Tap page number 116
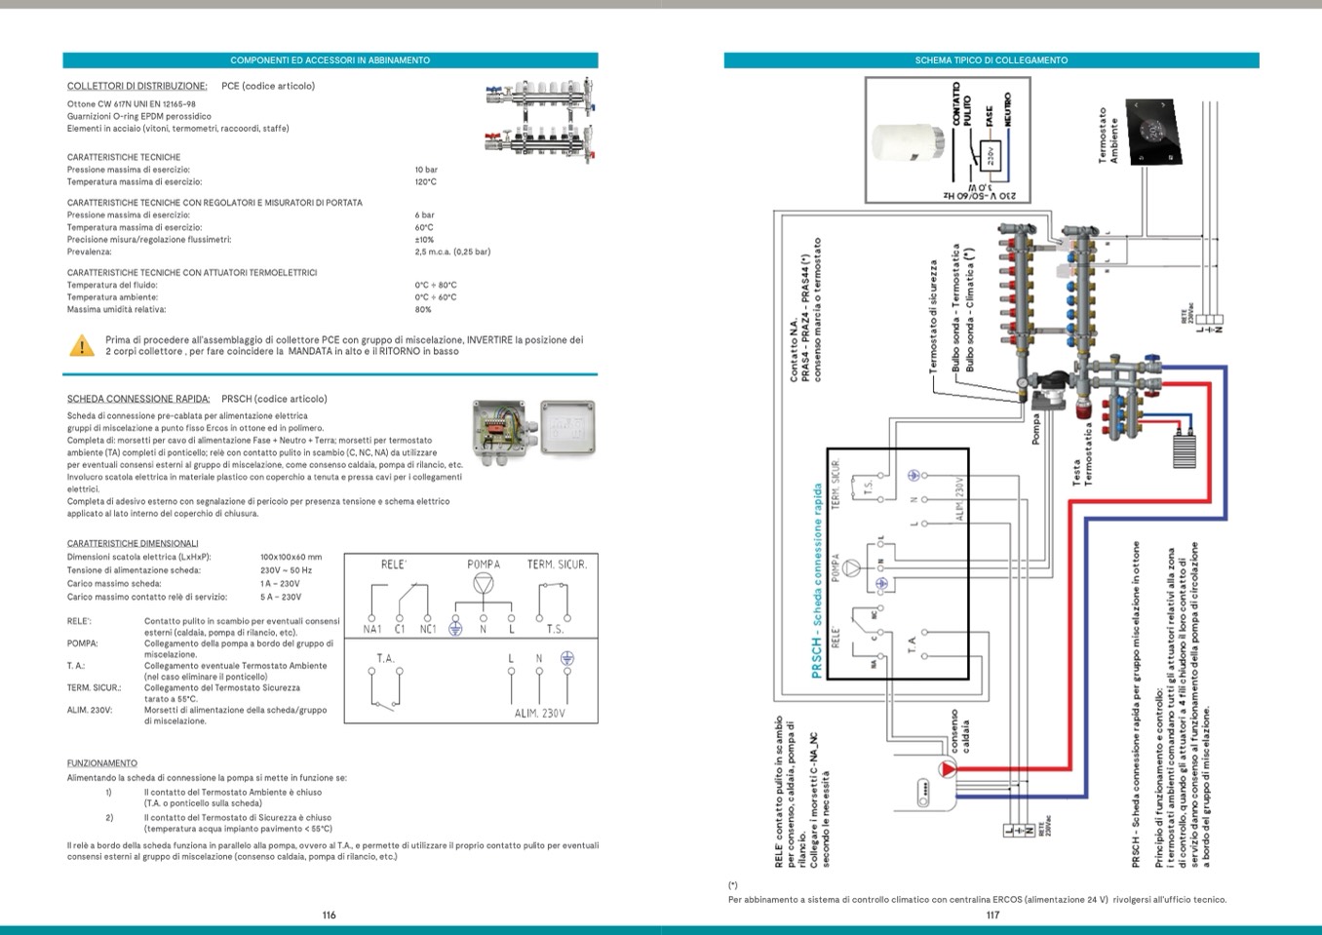pos(329,915)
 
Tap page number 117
pos(992,915)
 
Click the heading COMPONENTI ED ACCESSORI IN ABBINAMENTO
pos(330,60)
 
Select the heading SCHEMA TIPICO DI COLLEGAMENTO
pos(991,60)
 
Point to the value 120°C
pos(426,182)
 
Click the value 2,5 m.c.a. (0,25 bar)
pos(452,252)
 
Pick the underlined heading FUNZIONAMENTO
pos(102,763)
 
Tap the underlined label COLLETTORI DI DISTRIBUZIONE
pos(136,86)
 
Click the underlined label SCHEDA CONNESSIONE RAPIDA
pos(138,399)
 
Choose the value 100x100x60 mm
pos(291,558)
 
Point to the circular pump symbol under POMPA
pos(483,584)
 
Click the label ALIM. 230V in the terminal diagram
pos(539,714)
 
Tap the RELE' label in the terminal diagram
pos(394,565)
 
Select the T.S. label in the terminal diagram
pos(555,629)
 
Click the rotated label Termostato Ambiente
pos(1108,136)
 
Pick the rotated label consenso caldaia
pos(959,730)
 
